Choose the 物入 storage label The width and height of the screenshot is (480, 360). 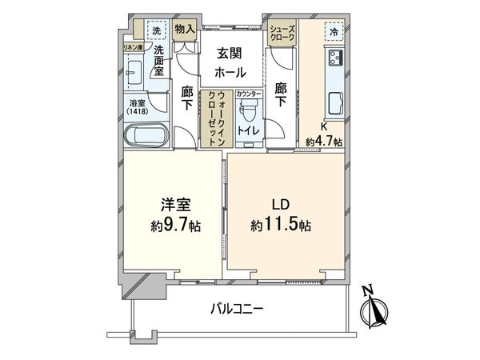pos(184,30)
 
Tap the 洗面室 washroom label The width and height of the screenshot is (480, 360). pos(152,64)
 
